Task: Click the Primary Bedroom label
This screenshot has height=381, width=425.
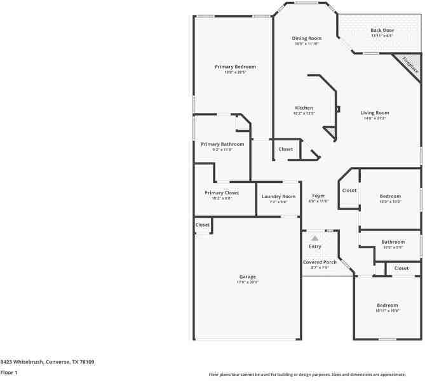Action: point(235,67)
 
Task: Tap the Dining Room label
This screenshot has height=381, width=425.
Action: point(306,38)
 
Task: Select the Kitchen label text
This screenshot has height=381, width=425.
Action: point(304,108)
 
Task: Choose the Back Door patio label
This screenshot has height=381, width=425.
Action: point(382,30)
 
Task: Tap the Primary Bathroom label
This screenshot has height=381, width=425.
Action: point(222,144)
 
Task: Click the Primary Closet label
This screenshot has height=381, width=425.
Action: point(222,192)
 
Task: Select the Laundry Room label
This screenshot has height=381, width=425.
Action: point(278,196)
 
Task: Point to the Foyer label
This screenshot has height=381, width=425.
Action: point(318,196)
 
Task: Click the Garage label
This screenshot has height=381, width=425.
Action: point(247,276)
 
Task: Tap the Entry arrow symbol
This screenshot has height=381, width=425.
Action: point(314,238)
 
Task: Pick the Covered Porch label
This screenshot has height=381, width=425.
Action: point(320,262)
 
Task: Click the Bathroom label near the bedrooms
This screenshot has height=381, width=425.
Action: point(393,241)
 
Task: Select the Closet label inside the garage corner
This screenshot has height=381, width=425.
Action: point(203,224)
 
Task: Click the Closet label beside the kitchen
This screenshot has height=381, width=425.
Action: point(286,149)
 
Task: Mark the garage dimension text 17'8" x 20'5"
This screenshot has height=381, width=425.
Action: point(247,282)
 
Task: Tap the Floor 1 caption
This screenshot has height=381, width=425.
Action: point(9,372)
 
